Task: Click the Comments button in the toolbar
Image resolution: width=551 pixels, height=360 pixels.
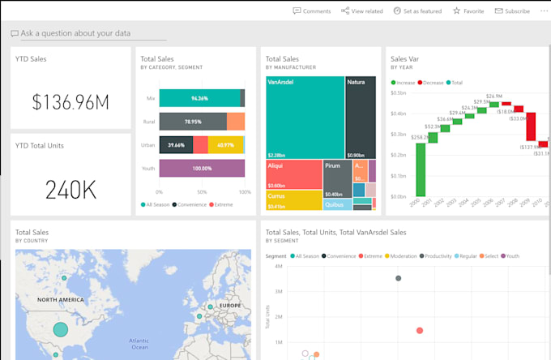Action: point(312,11)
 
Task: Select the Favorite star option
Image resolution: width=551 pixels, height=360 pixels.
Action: point(468,11)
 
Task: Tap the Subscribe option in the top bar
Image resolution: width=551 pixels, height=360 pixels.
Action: point(511,11)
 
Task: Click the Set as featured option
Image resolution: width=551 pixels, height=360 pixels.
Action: point(417,11)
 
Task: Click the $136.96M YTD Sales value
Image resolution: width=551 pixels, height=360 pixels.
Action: point(70,101)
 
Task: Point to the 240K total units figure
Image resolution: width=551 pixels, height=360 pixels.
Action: point(70,189)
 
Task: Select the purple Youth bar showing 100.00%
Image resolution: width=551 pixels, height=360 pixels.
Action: point(201,168)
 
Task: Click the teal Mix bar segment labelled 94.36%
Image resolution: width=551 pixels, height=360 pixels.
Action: point(199,98)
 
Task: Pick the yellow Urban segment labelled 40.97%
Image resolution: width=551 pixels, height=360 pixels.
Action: point(225,145)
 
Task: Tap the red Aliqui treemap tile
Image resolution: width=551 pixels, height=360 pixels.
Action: point(293,174)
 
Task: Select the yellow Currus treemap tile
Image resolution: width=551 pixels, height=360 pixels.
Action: point(293,199)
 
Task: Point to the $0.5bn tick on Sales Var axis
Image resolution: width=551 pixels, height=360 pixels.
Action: point(398,92)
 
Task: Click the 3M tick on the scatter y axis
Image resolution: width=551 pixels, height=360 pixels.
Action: point(278,291)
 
